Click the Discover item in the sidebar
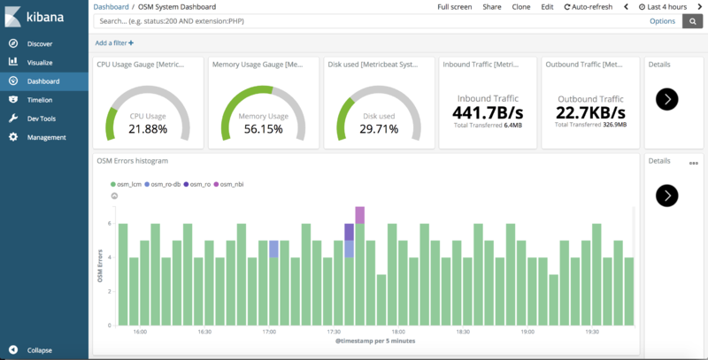(x=40, y=43)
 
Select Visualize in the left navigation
(x=40, y=62)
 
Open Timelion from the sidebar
(x=40, y=100)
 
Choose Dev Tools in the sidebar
(x=42, y=119)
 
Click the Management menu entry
(x=46, y=137)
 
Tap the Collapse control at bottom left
(x=40, y=350)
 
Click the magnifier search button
(x=692, y=21)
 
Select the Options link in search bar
(x=662, y=21)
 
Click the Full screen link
(x=455, y=6)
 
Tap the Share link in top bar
(x=491, y=6)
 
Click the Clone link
(x=521, y=6)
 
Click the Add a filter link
(x=114, y=42)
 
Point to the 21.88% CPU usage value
(x=147, y=129)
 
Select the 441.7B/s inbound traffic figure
(x=488, y=112)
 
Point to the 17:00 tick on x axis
(x=269, y=333)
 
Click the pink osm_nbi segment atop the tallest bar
(x=360, y=215)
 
